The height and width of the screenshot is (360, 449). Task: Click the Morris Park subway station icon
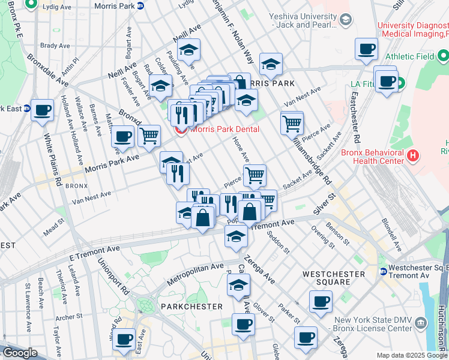pos(140,5)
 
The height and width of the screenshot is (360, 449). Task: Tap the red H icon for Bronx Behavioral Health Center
pos(412,156)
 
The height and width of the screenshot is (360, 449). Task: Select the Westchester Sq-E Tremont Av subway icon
pos(383,271)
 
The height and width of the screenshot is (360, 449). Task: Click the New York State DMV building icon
pos(421,323)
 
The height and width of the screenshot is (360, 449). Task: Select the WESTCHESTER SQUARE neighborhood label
pos(333,278)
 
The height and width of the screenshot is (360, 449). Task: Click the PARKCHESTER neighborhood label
pos(191,306)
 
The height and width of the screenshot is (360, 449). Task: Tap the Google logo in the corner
pos(19,353)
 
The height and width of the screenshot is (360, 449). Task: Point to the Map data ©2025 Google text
pos(412,355)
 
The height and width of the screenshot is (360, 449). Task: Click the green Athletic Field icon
pos(444,57)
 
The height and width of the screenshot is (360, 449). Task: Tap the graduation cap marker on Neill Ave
pos(189,52)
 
